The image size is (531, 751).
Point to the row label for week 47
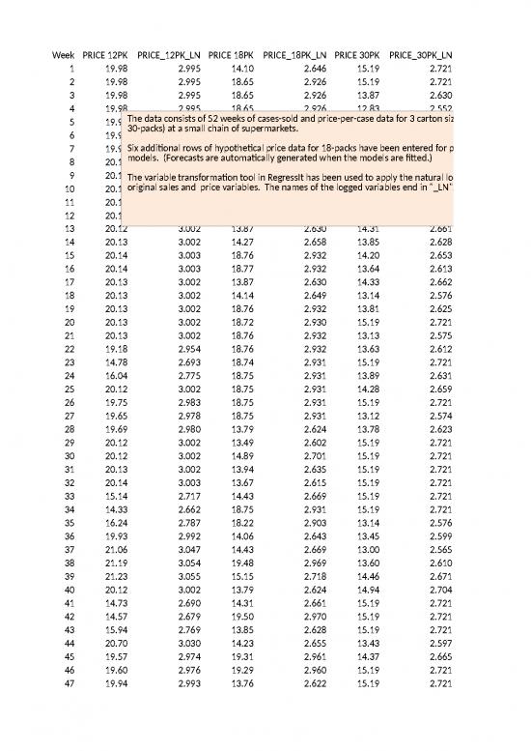click(66, 681)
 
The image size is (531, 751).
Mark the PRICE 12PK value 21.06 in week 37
click(115, 548)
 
